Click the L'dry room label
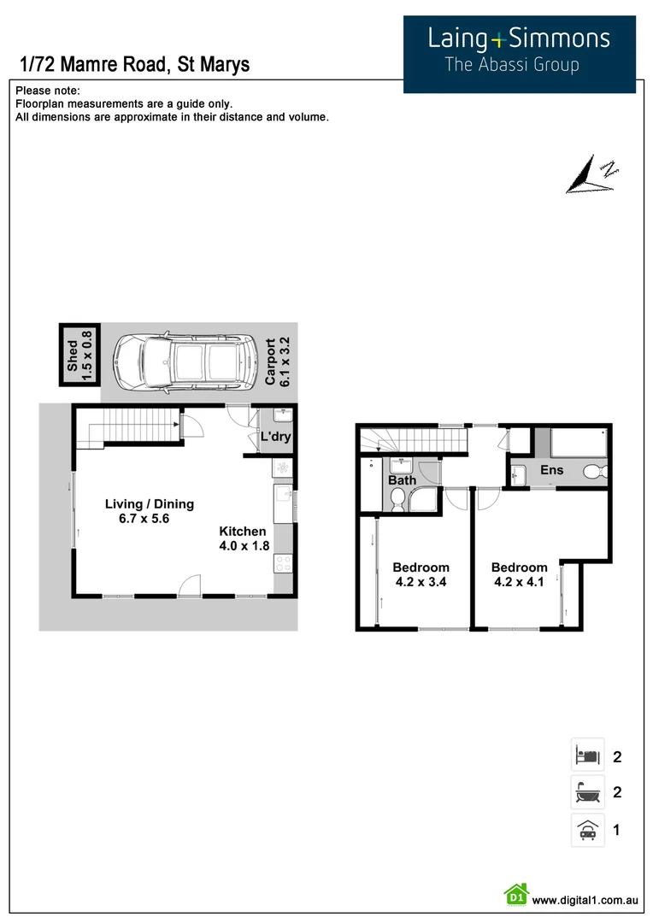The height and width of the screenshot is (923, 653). [x=275, y=438]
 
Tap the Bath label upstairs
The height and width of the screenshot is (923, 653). [x=402, y=480]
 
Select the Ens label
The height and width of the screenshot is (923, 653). [x=551, y=471]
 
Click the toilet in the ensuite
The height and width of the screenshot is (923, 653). [x=595, y=471]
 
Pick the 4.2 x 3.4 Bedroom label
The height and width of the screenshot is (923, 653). [x=421, y=574]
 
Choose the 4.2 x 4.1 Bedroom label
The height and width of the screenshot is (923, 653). [x=519, y=574]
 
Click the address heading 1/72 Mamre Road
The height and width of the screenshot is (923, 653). [x=133, y=64]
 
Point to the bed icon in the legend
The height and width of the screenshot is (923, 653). [x=587, y=755]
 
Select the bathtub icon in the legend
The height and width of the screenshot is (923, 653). [x=587, y=792]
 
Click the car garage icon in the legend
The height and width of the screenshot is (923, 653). [x=587, y=830]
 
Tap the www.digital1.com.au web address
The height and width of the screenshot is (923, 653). [x=585, y=899]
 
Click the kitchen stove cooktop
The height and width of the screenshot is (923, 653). [x=282, y=563]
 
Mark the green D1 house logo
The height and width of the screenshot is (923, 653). [x=516, y=895]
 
